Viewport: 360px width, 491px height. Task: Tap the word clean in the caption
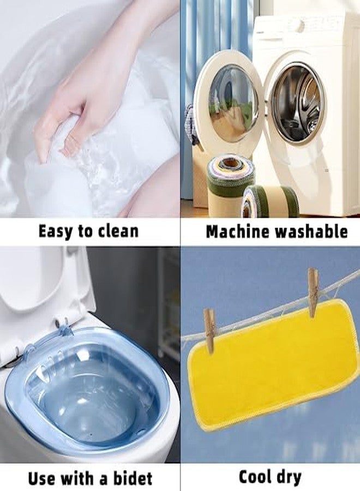click(x=118, y=231)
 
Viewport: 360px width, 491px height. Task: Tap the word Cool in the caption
click(x=256, y=477)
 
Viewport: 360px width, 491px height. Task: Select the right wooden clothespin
click(x=313, y=292)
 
